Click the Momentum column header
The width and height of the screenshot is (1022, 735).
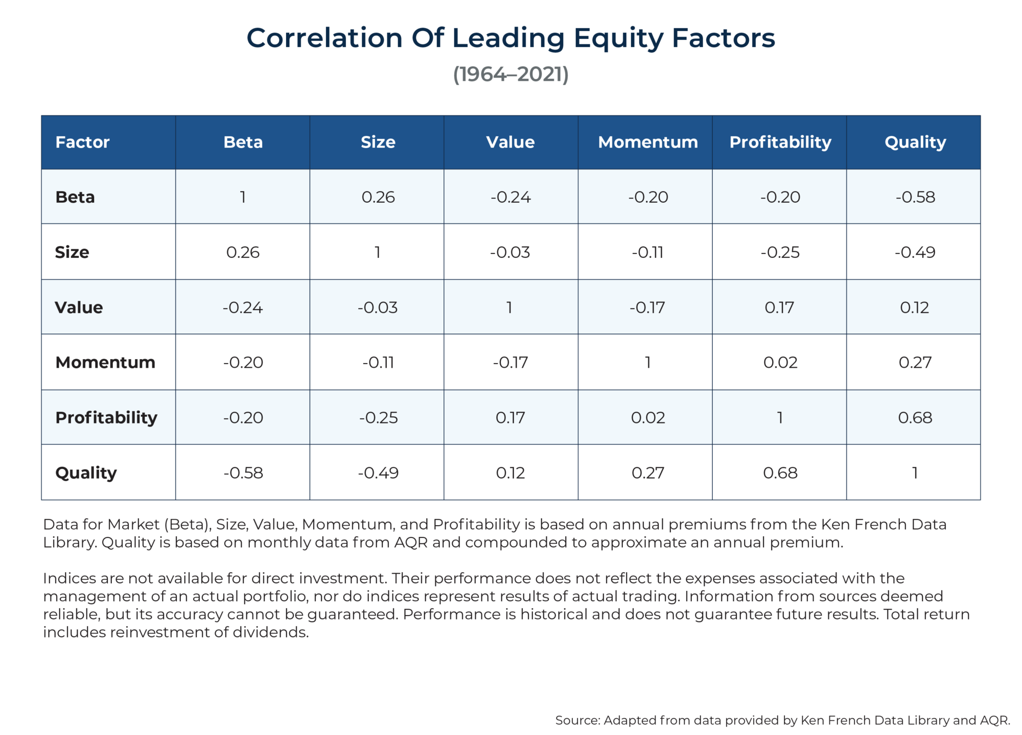tap(647, 142)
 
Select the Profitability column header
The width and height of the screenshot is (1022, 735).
tap(780, 142)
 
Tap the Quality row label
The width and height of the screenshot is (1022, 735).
tap(86, 472)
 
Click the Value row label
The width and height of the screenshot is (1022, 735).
tap(79, 307)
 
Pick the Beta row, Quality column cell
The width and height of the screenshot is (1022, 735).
tap(915, 197)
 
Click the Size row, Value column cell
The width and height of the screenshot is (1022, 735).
tap(510, 252)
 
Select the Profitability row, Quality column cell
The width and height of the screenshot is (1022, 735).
tap(915, 418)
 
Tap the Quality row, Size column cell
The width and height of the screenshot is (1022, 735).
tap(378, 473)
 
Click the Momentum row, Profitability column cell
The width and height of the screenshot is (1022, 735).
tap(780, 363)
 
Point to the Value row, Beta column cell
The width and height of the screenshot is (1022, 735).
tap(243, 307)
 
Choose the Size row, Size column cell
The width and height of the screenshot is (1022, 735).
tap(378, 252)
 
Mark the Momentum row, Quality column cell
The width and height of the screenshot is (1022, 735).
tap(915, 363)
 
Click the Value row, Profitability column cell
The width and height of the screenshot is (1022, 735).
tap(780, 307)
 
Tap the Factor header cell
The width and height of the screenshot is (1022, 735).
tap(82, 142)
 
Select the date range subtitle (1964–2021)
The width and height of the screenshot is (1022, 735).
tap(510, 75)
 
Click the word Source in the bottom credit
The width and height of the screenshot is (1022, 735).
tap(577, 720)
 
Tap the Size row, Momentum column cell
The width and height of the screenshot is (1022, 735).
tap(647, 252)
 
